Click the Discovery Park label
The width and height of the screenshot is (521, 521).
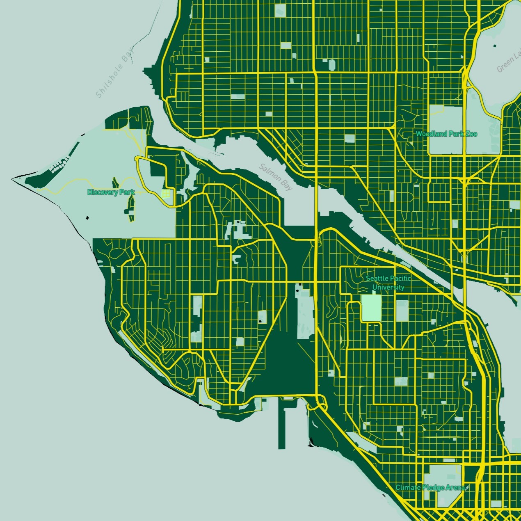111,192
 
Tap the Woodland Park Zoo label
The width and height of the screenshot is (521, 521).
446,134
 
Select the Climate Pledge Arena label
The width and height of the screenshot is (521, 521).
430,487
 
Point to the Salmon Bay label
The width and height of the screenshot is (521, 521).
276,177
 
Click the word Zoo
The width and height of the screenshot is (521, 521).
472,134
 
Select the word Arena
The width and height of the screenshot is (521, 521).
455,487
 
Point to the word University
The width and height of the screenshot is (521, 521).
388,287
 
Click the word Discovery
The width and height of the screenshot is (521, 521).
103,192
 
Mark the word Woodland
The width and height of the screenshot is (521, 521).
431,134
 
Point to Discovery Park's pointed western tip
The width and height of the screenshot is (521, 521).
13,179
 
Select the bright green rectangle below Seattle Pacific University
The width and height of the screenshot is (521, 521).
371,308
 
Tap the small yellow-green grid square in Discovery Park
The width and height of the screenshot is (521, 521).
166,193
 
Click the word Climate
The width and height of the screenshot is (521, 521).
408,487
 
